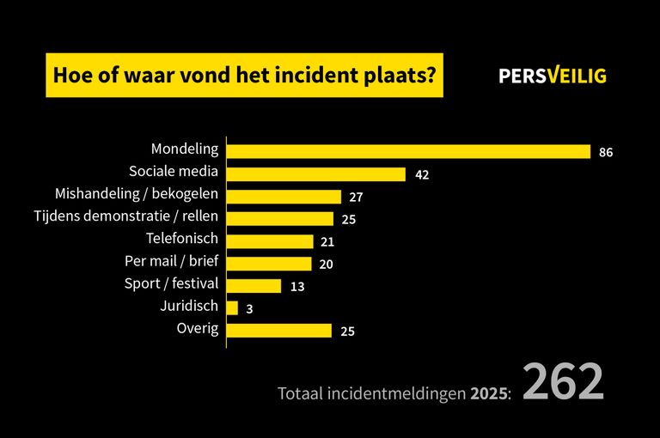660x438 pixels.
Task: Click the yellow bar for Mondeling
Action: coord(408,152)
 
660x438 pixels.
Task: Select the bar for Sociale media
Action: coord(316,174)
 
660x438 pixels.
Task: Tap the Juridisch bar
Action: coord(232,307)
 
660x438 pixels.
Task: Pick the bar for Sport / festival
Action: coord(254,286)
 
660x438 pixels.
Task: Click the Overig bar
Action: coord(279,331)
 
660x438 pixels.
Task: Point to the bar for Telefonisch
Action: coord(270,241)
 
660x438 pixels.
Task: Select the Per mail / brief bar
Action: coord(269,264)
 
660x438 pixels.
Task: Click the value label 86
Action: coord(606,153)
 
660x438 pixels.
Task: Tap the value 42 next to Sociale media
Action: coord(421,175)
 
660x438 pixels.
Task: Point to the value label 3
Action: coord(249,308)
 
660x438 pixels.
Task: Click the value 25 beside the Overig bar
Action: coord(347,332)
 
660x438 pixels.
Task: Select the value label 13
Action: coord(297,287)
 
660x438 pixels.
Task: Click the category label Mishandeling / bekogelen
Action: coord(137,193)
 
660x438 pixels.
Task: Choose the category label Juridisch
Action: coord(189,305)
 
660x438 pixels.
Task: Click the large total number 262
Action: coord(563,383)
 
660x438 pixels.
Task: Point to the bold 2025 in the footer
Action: coord(488,393)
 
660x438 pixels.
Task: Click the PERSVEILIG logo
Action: coord(553,76)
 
